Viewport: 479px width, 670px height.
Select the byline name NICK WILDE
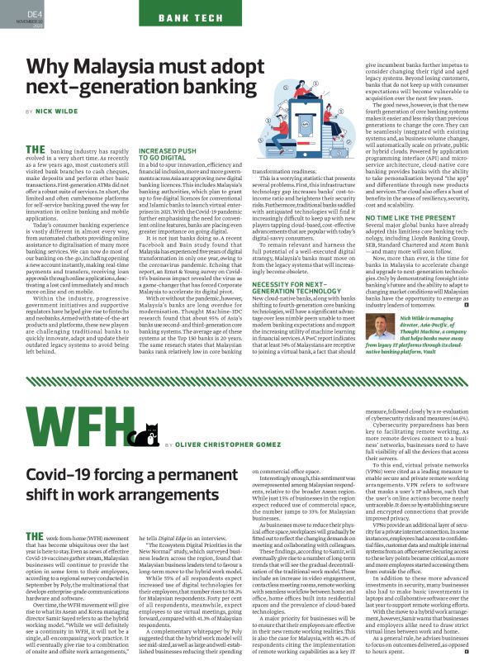click(55, 111)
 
